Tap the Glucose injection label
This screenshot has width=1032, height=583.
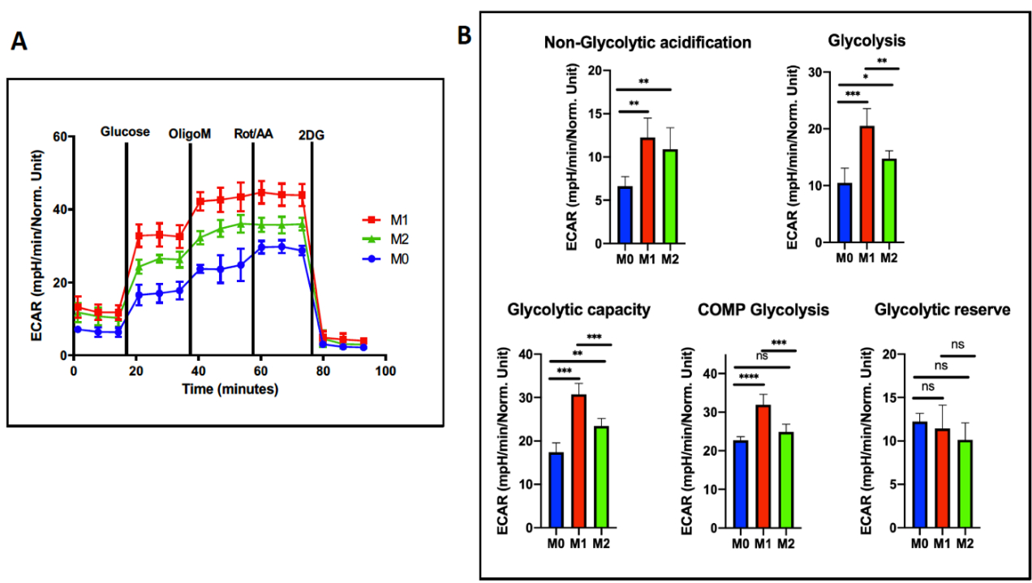[125, 131]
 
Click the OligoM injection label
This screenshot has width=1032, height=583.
[190, 134]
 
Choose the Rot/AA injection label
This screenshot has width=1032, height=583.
[253, 134]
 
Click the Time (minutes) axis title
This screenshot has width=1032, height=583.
[230, 389]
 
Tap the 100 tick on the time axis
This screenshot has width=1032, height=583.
[385, 371]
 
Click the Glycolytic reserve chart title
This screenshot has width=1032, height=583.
[942, 309]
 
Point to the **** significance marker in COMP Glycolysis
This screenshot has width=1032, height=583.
[748, 377]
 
